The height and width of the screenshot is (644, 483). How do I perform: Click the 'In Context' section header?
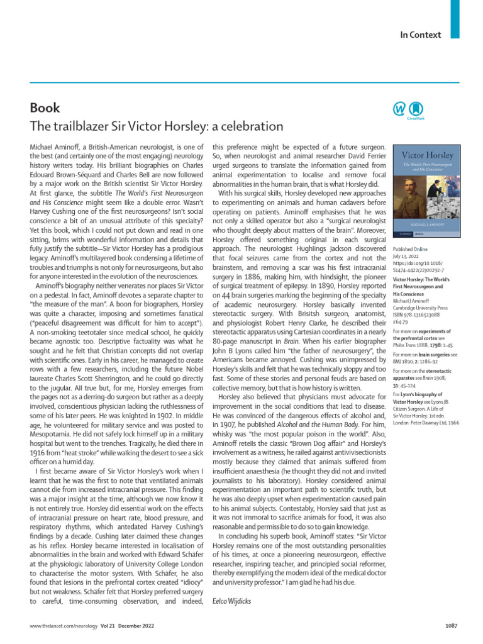coord(420,35)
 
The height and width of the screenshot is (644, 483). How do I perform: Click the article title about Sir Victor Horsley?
coord(148,125)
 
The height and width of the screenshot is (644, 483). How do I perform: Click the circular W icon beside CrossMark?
coord(399,109)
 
